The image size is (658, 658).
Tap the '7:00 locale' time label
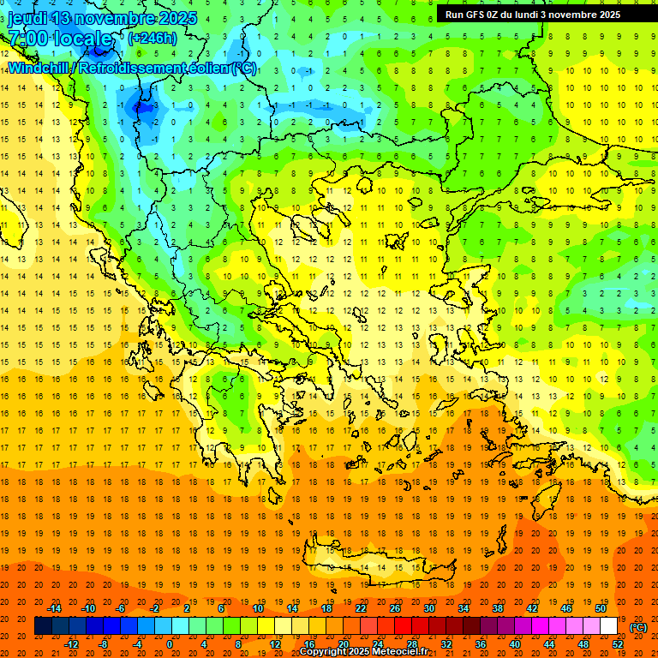point(60,39)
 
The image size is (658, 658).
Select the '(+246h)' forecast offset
point(153,38)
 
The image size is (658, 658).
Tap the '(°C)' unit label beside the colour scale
point(638,627)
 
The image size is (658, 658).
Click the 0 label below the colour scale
point(170,644)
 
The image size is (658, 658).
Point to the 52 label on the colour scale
point(619,644)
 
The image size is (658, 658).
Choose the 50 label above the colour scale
point(601,608)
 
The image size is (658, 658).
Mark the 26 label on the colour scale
point(395,608)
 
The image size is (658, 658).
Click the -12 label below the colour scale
point(71,644)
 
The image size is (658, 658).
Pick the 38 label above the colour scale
point(498,608)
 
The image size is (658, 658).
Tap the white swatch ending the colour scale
point(608,626)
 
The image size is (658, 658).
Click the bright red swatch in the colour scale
point(404,626)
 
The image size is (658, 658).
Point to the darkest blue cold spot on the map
point(139,108)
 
